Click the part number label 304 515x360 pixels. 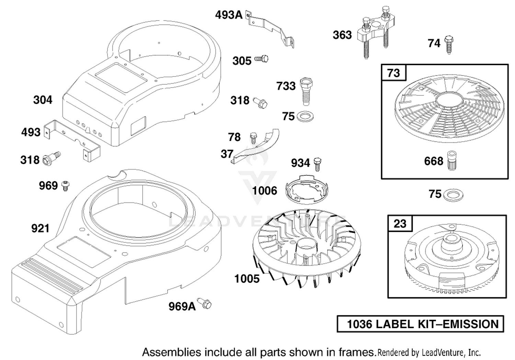(x=43, y=100)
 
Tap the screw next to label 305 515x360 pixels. (x=261, y=59)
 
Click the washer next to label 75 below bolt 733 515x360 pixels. (x=305, y=116)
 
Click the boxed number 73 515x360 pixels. (x=393, y=73)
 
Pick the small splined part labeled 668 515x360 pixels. (x=452, y=161)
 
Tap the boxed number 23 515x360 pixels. (x=400, y=223)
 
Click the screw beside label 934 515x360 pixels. (x=318, y=164)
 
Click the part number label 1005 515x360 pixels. (x=247, y=279)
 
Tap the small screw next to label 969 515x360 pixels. (x=66, y=186)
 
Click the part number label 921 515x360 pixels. (x=41, y=228)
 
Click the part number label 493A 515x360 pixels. (x=229, y=15)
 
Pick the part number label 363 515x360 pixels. (x=342, y=35)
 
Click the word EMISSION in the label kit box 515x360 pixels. (x=471, y=324)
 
